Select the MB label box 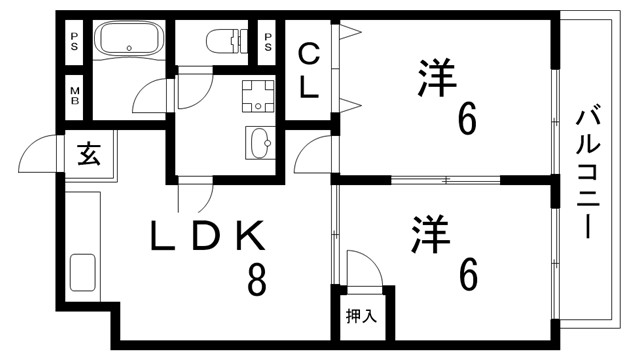(75, 97)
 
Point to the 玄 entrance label (88, 154)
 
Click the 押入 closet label (361, 317)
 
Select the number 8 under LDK (257, 281)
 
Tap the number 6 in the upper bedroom (466, 120)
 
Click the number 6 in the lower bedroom (467, 273)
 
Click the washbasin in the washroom (259, 141)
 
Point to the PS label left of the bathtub (75, 43)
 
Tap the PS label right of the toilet (268, 43)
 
